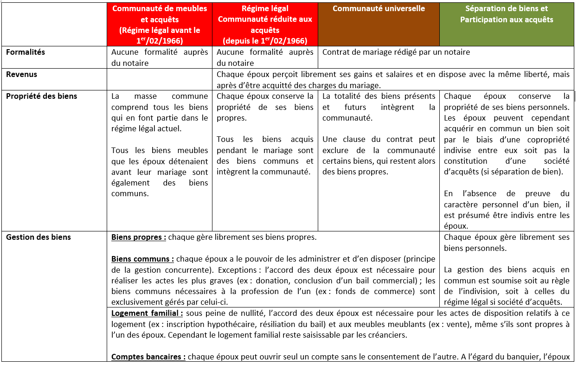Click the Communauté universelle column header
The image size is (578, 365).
click(379, 9)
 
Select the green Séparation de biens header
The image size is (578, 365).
click(507, 14)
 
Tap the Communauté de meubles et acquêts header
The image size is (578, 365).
click(160, 25)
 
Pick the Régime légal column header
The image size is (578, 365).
click(265, 25)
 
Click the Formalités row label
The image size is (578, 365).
click(26, 52)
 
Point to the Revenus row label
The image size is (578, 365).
click(22, 74)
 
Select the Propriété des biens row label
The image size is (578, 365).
click(42, 96)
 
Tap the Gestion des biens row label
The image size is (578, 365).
click(39, 237)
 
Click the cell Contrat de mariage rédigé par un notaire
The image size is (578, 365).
click(396, 52)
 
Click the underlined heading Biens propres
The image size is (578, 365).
click(138, 237)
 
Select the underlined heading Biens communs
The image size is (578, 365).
click(142, 259)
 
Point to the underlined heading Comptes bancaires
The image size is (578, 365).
click(148, 357)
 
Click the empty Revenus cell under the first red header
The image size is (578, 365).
click(160, 79)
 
